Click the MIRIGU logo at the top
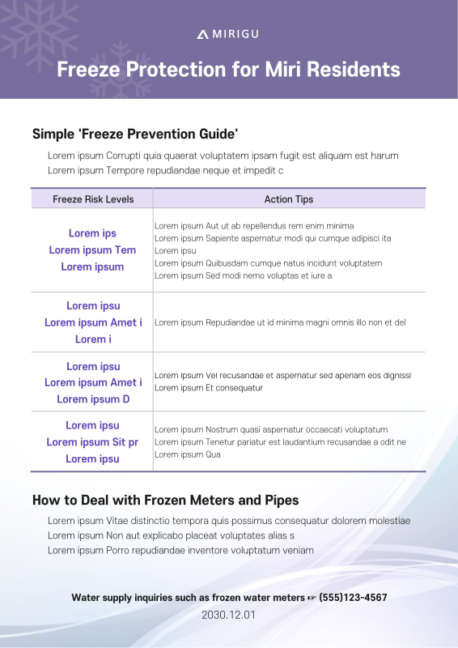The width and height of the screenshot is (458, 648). (x=228, y=34)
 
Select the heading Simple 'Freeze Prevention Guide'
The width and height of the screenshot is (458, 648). (x=134, y=134)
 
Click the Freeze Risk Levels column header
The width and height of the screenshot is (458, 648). (x=93, y=199)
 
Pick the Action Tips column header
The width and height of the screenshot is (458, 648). (x=289, y=199)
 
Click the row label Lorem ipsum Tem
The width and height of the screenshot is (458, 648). (x=92, y=250)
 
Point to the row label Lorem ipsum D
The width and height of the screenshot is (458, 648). (x=92, y=399)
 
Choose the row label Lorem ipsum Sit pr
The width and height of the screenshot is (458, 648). (x=92, y=442)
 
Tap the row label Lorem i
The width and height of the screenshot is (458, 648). (x=92, y=339)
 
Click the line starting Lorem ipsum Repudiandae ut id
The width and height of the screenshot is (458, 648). (x=280, y=322)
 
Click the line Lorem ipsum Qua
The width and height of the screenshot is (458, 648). (x=188, y=454)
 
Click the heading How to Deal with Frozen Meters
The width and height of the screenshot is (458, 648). (x=165, y=501)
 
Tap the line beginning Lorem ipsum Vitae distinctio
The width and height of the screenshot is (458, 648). (x=229, y=521)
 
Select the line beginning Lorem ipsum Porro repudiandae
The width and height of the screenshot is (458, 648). (x=180, y=550)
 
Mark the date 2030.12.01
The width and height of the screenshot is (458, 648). (x=228, y=615)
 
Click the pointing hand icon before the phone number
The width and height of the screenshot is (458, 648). (x=311, y=598)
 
